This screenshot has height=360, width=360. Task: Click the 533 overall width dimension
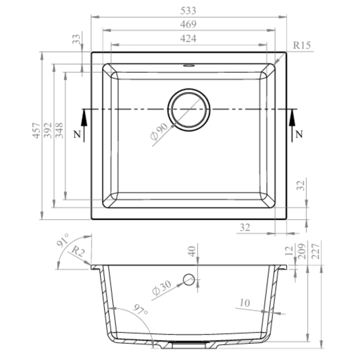(x=188, y=11)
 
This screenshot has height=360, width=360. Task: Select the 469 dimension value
(x=188, y=24)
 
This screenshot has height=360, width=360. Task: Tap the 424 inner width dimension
(x=188, y=38)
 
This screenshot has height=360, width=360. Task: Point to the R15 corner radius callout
(x=302, y=45)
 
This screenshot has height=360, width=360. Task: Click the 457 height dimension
(x=36, y=131)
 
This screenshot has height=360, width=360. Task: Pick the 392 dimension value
(x=48, y=131)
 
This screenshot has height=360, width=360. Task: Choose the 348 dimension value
(x=59, y=131)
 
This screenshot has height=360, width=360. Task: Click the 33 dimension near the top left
(x=76, y=39)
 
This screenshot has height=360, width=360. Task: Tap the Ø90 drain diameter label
(x=159, y=132)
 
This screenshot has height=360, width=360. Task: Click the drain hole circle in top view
(x=189, y=89)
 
